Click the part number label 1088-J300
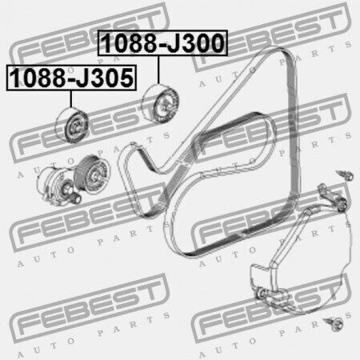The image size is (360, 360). click(162, 42)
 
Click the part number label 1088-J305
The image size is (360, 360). click(71, 78)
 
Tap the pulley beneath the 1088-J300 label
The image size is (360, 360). click(160, 104)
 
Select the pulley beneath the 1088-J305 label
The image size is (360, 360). click(71, 126)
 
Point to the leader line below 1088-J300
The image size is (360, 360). click(158, 70)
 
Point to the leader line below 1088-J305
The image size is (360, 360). click(71, 99)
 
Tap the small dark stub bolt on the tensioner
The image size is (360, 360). click(76, 198)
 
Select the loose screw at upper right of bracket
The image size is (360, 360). click(346, 175)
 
